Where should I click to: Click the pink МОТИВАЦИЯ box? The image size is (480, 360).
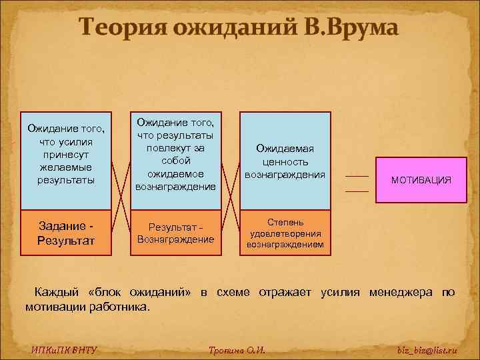(421, 180)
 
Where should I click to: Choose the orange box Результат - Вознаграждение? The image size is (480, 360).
(176, 233)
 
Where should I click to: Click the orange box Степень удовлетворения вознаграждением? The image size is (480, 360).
(285, 233)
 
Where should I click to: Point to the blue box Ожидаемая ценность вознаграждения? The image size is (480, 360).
(285, 161)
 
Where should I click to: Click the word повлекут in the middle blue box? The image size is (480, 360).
(175, 147)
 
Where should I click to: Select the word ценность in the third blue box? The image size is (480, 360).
(285, 161)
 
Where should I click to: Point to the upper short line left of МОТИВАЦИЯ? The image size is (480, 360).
(357, 175)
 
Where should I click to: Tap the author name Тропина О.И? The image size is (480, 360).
(237, 350)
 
